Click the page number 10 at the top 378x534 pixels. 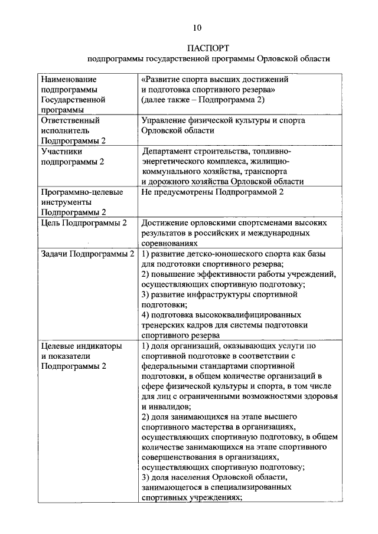click(x=197, y=27)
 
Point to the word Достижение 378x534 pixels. click(x=168, y=222)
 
